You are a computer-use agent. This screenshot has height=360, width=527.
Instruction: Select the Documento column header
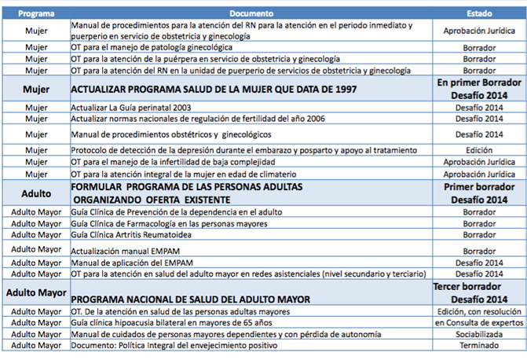pyautogui.click(x=251, y=13)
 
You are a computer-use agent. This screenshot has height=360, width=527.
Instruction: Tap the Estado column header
pyautogui.click(x=479, y=13)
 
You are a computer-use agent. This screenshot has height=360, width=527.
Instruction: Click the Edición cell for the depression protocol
pyautogui.click(x=479, y=149)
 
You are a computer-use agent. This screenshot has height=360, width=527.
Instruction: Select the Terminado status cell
pyautogui.click(x=479, y=343)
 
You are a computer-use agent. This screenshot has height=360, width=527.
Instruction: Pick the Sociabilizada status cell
pyautogui.click(x=479, y=332)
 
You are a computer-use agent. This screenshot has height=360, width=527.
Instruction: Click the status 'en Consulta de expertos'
pyautogui.click(x=479, y=322)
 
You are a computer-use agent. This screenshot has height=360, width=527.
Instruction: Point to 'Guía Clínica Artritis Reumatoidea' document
pyautogui.click(x=138, y=234)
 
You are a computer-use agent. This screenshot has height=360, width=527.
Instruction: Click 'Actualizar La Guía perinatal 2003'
pyautogui.click(x=130, y=107)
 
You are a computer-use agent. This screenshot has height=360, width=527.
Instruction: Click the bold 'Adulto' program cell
pyautogui.click(x=35, y=193)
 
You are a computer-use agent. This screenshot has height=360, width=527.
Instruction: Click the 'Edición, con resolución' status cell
pyautogui.click(x=479, y=311)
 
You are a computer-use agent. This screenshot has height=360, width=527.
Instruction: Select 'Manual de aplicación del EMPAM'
pyautogui.click(x=132, y=263)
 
